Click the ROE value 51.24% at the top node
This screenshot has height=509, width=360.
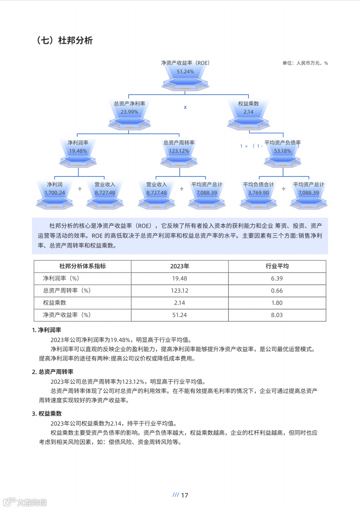tap(185, 72)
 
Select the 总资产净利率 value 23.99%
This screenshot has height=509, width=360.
tap(129, 112)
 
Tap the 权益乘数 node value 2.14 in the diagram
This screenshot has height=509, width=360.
tap(248, 112)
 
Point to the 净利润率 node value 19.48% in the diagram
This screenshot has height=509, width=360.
tap(78, 151)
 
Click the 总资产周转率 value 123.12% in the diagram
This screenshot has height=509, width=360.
tap(179, 151)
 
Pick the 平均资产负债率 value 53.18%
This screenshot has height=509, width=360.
tap(283, 151)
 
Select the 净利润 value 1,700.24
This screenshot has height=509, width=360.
tap(55, 193)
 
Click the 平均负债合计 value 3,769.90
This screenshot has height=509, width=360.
tap(258, 193)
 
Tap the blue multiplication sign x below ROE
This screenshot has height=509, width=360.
tap(185, 107)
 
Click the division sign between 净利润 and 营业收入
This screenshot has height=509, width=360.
tap(80, 189)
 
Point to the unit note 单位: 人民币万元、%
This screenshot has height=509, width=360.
tap(305, 63)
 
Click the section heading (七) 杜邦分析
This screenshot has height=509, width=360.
tap(65, 40)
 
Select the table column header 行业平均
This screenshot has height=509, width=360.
tap(277, 266)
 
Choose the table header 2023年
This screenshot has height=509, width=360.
tap(180, 266)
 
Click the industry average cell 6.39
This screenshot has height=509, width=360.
tap(277, 278)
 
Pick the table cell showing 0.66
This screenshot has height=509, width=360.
tap(277, 291)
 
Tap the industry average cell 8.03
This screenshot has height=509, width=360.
tap(277, 315)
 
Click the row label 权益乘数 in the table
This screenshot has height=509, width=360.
tap(55, 303)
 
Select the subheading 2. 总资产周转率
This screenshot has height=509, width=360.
tap(53, 372)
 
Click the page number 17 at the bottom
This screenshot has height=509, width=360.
tap(184, 495)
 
